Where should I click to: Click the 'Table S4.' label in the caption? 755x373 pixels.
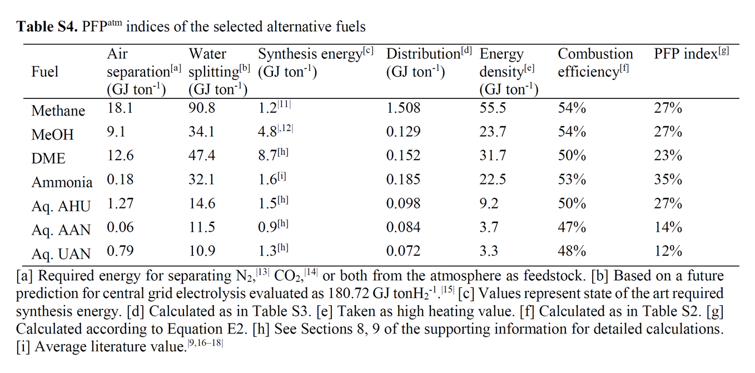coord(47,26)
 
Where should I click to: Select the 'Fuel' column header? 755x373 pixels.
coord(45,72)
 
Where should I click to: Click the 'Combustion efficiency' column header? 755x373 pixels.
coord(595,62)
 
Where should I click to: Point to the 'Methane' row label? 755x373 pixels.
coord(58,111)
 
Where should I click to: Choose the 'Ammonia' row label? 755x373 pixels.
coord(62,182)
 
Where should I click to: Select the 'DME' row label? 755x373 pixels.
coord(48,158)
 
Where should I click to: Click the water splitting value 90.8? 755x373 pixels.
coord(202,108)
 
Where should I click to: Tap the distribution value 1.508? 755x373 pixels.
coord(403,108)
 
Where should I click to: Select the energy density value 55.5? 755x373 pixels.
coord(493,108)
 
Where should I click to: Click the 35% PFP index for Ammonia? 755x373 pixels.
coord(668,180)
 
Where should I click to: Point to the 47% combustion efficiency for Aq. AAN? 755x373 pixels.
coord(572,227)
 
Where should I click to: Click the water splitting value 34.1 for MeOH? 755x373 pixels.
coord(202,132)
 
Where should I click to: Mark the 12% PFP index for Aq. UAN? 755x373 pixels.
coord(668,251)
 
